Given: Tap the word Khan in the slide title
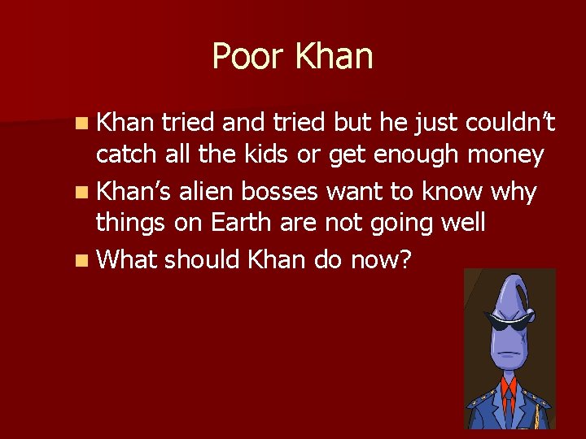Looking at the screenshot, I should (334, 57).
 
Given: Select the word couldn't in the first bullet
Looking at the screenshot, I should (509, 123).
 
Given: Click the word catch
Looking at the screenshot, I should (122, 154).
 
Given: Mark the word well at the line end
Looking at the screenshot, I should (463, 222).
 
